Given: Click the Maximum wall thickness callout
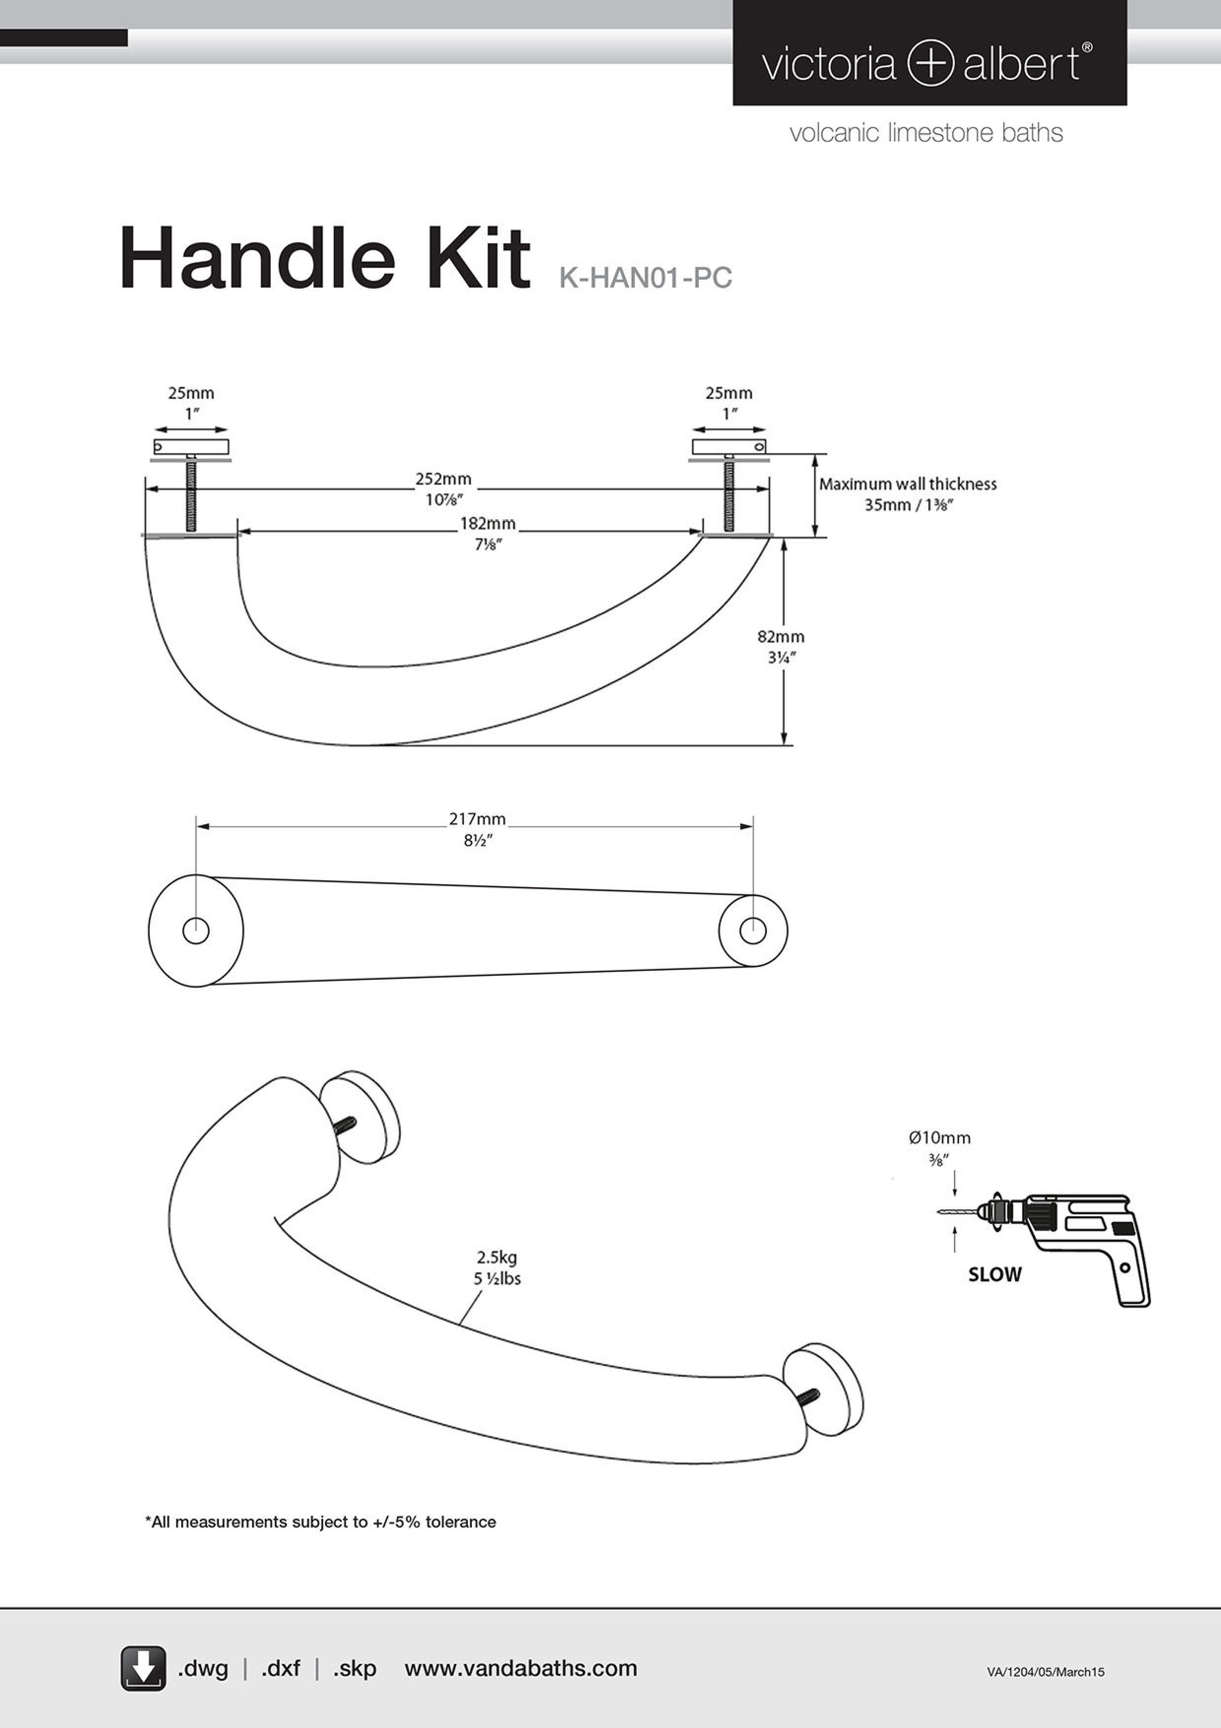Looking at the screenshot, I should click(907, 494).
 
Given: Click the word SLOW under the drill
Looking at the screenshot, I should click(994, 1274).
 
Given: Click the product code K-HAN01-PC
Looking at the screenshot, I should click(645, 278).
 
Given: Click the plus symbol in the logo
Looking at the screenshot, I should click(930, 63).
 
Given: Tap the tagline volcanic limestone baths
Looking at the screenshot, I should click(926, 133).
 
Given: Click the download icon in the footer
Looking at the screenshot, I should click(143, 1668).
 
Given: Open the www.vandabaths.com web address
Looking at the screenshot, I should click(521, 1668).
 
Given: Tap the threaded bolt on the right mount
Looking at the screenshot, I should click(729, 495).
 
